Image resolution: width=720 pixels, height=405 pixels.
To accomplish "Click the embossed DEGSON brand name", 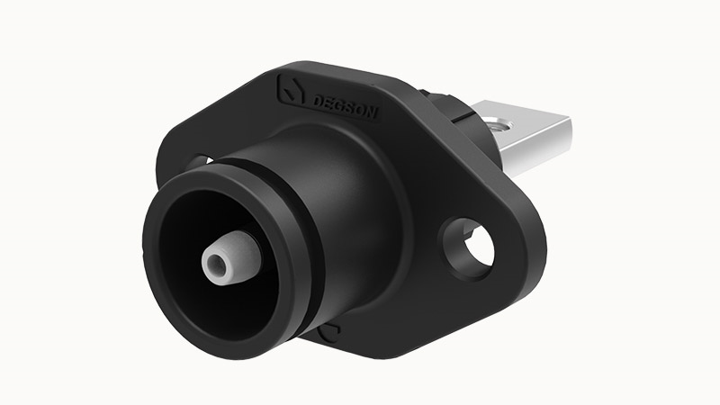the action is (x=345, y=107).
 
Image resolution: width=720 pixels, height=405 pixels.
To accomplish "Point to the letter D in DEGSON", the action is (x=318, y=101).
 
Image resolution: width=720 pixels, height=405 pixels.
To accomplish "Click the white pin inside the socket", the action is (x=233, y=257).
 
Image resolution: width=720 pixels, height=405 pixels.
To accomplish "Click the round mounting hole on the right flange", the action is (x=468, y=248).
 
